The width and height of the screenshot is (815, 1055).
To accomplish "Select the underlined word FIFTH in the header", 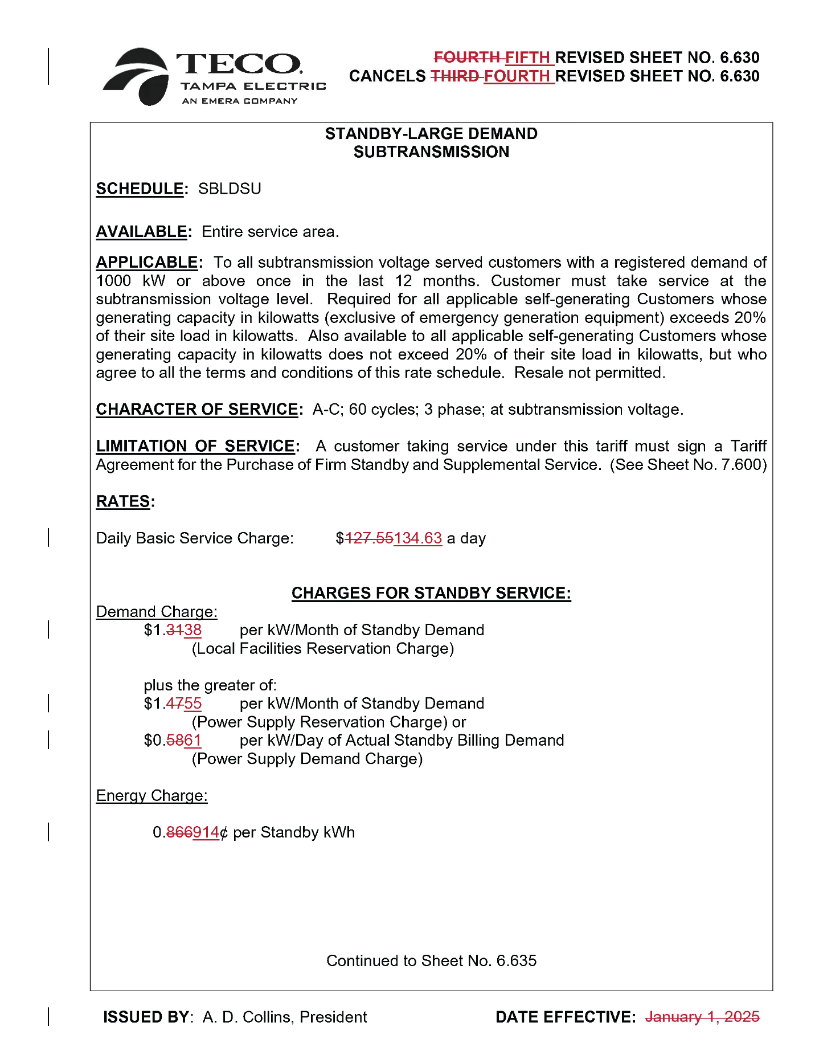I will tap(527, 58).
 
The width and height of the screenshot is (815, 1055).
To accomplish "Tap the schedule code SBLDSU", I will tap(230, 189).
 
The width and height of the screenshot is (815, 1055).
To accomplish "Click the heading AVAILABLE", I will tap(141, 232).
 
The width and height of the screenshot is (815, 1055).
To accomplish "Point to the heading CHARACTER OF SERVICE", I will tap(196, 410).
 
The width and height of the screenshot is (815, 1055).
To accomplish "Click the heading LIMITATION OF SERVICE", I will tap(195, 446).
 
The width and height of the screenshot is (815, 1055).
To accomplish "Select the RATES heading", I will tap(123, 501).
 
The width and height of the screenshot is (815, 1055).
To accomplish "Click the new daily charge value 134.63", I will tap(417, 538).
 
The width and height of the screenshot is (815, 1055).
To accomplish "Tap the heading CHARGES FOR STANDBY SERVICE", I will tap(431, 593).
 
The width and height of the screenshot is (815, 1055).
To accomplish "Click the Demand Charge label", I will tap(157, 612).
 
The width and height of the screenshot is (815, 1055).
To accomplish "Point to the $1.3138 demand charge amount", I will tap(173, 630).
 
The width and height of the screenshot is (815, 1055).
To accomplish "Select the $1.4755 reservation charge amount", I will tap(173, 704).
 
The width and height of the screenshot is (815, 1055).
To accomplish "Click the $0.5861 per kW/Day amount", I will tap(173, 741).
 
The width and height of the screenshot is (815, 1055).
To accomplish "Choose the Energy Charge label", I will tap(151, 796).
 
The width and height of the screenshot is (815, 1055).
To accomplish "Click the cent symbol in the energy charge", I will tap(224, 833).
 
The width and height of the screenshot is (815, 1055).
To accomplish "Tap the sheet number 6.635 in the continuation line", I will tap(516, 961).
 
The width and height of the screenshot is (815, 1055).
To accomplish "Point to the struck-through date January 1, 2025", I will tap(702, 1017).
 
